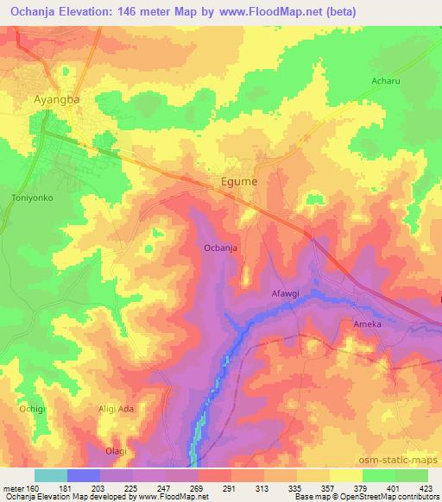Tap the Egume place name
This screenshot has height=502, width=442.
coord(236,183)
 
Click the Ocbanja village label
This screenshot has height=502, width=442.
coord(220,248)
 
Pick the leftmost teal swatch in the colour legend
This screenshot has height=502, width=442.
coord(50,475)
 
